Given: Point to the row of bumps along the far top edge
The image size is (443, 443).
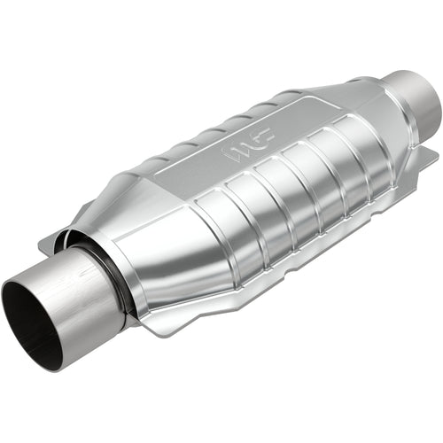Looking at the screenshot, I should [x=221, y=124].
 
